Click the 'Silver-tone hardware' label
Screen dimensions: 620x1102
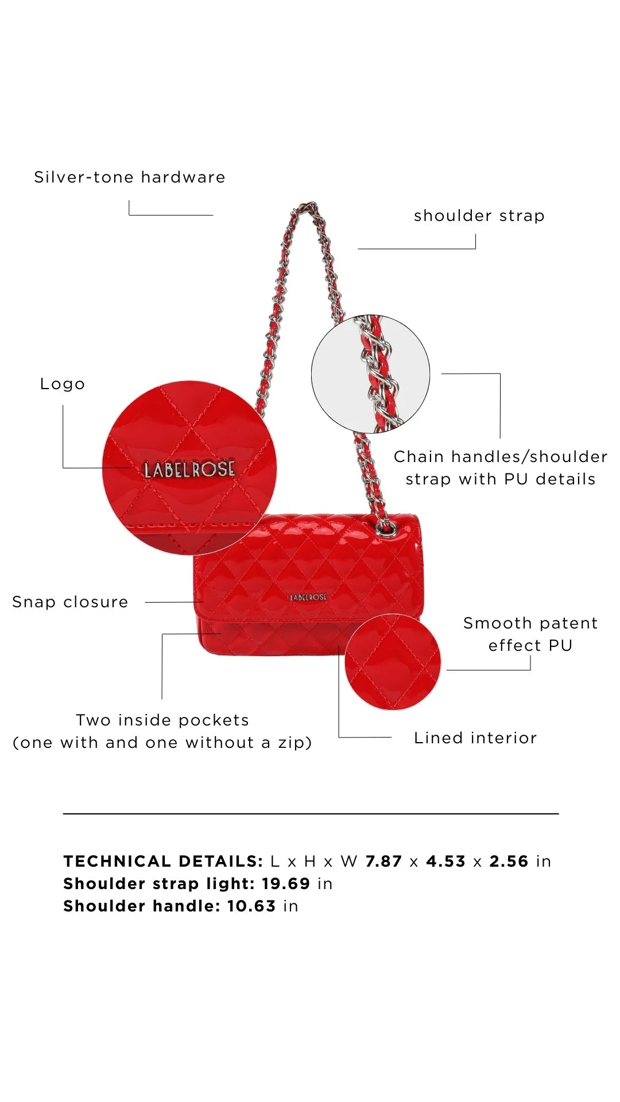(x=130, y=177)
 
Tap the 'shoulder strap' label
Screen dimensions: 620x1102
(x=479, y=216)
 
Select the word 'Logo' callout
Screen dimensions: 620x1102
(x=63, y=384)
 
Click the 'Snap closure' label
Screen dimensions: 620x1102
(x=70, y=602)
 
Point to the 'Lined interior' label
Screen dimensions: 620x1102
(x=475, y=738)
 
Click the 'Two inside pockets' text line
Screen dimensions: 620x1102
(x=162, y=720)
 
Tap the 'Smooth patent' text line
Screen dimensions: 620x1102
(x=530, y=623)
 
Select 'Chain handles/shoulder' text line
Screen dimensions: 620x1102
(x=501, y=456)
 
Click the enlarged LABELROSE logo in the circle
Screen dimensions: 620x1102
(x=189, y=469)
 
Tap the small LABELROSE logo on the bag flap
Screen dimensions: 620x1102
(x=308, y=597)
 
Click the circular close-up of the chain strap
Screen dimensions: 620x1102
(x=370, y=374)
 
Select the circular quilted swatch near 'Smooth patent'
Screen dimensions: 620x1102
(x=393, y=662)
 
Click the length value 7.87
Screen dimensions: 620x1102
(x=383, y=862)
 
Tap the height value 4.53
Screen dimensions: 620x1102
(x=445, y=862)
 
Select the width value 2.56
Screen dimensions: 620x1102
(x=509, y=862)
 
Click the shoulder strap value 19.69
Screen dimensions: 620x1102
(x=286, y=884)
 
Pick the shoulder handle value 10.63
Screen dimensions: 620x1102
(x=251, y=906)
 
